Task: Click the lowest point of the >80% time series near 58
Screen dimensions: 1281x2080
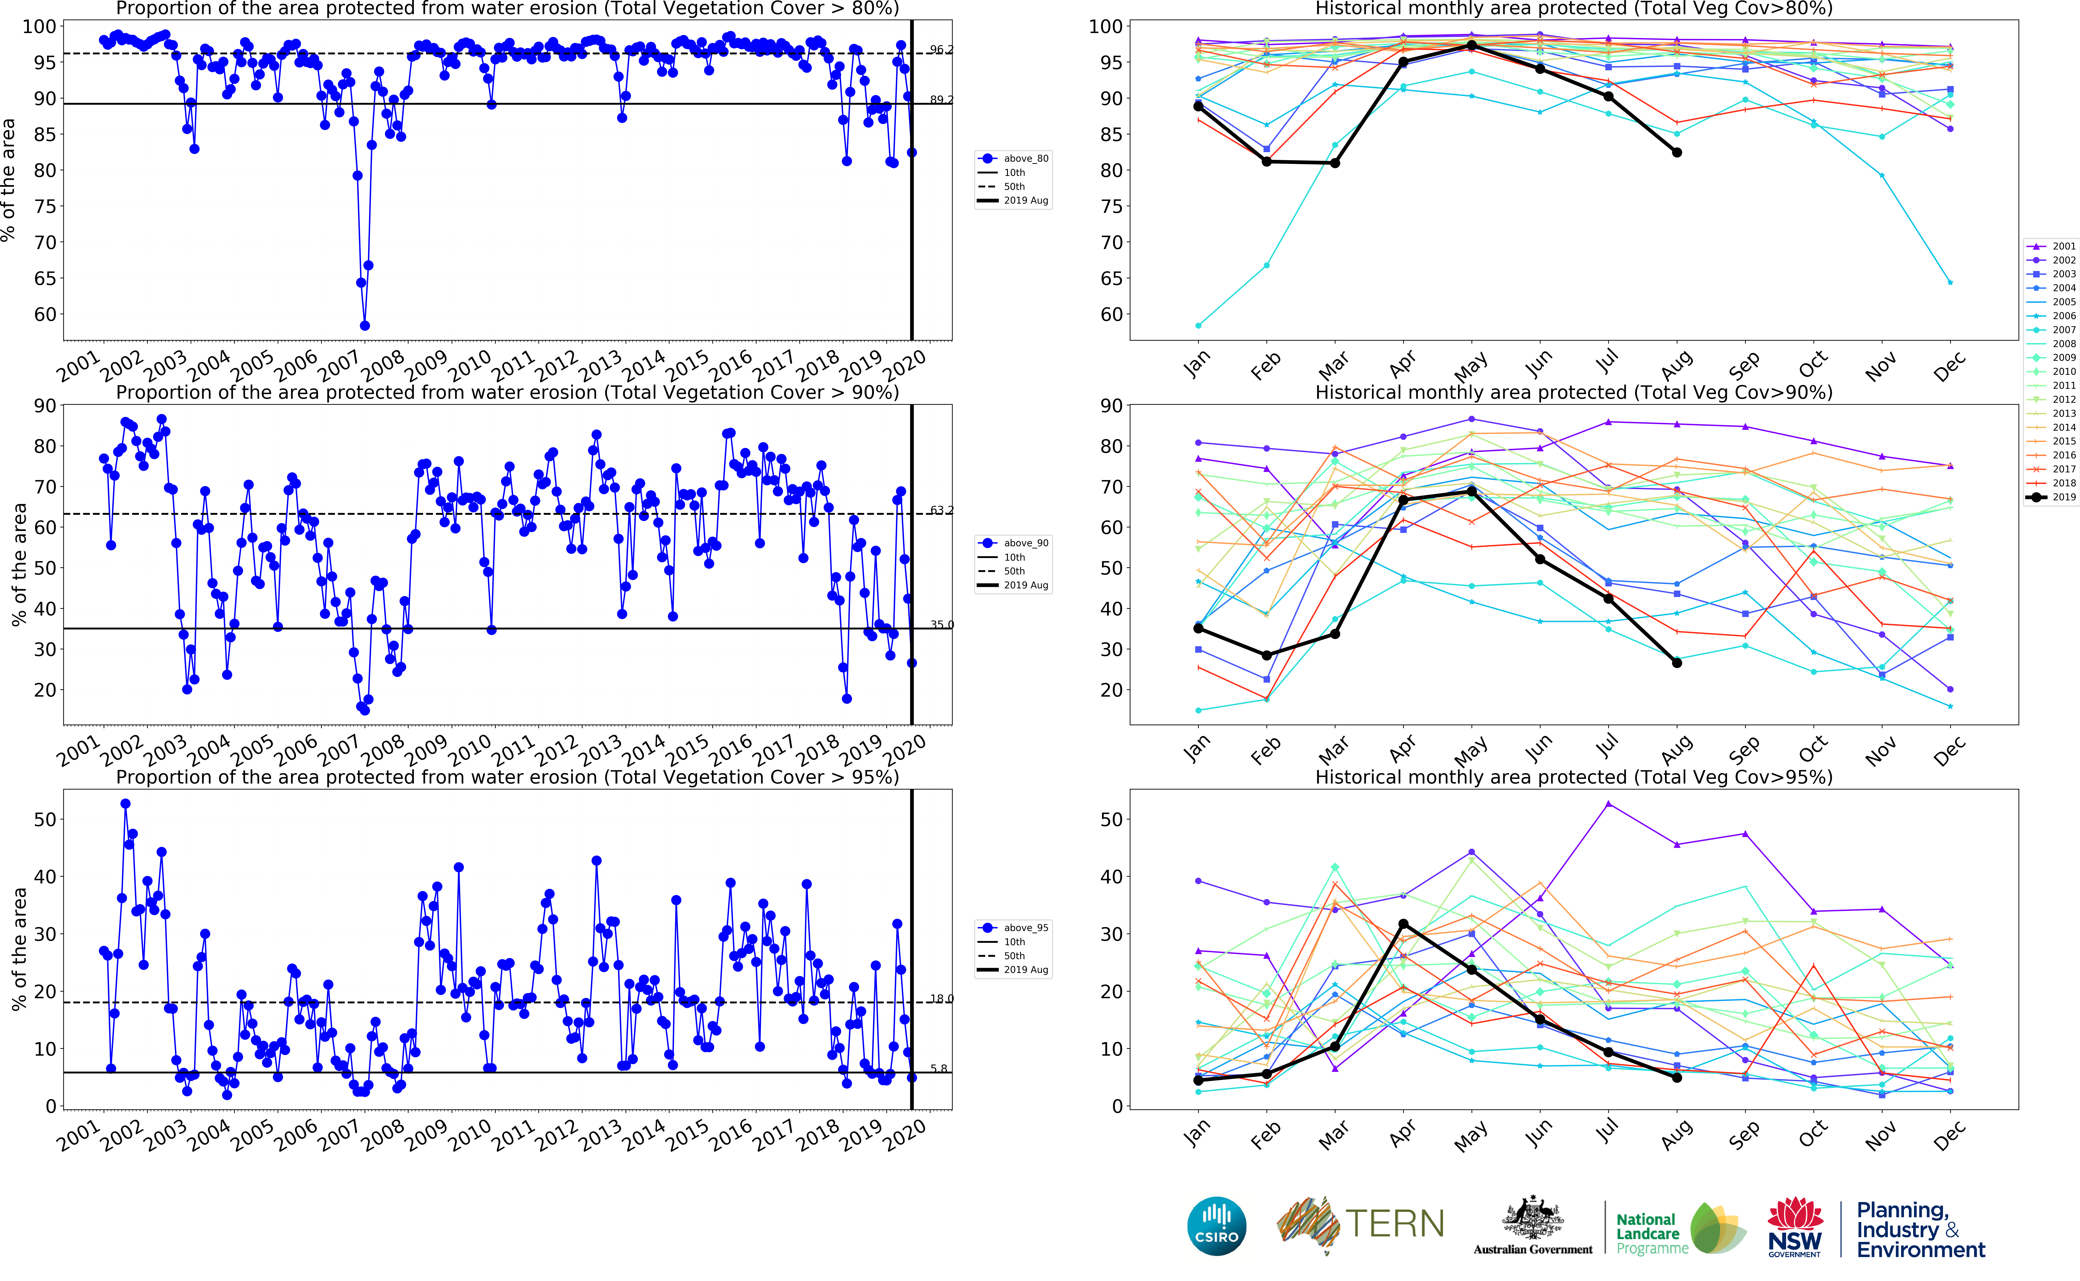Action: click(x=364, y=325)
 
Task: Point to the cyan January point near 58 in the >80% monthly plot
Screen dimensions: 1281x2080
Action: click(x=1198, y=325)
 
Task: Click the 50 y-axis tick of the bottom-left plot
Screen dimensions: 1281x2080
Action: click(x=44, y=819)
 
